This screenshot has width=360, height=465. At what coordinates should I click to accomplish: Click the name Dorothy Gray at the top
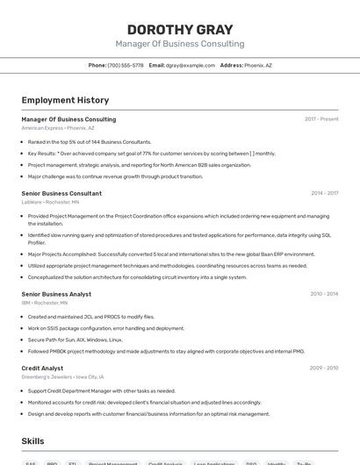(180, 28)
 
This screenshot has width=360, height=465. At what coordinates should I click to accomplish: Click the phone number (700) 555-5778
(126, 65)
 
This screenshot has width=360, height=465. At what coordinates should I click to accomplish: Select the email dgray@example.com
(191, 65)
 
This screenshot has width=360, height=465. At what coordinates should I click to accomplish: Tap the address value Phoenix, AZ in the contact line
(258, 65)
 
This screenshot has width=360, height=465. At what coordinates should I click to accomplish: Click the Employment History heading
(65, 100)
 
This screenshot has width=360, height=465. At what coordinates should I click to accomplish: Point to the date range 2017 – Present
(321, 119)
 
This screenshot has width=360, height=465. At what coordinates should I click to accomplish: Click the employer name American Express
(42, 128)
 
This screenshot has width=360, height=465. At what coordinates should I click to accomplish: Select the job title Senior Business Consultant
(61, 193)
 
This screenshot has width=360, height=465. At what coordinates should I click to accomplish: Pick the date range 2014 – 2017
(324, 193)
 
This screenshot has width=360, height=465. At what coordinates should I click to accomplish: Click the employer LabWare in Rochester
(32, 202)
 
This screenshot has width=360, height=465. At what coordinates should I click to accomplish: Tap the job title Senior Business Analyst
(56, 294)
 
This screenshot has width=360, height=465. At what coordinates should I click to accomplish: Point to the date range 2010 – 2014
(324, 294)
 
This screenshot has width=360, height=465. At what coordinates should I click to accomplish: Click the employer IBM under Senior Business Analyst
(25, 303)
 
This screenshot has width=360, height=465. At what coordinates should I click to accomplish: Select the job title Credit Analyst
(42, 368)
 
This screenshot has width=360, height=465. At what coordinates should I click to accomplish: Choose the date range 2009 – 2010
(324, 368)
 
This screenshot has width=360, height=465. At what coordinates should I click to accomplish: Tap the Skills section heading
(32, 440)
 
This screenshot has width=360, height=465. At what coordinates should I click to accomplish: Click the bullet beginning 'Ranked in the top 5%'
(90, 141)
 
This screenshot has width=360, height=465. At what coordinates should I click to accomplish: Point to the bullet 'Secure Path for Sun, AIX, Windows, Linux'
(76, 340)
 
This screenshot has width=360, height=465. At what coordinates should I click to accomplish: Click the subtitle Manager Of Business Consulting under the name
(180, 43)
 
